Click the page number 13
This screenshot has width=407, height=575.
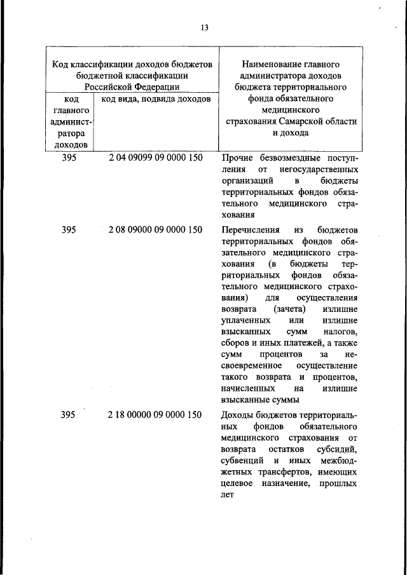pos(204,27)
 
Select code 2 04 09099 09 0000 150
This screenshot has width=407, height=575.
pos(156,158)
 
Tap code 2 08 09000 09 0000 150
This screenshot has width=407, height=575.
pos(156,229)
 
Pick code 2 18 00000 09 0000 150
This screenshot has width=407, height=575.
pos(156,415)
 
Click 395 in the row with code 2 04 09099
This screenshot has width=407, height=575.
pos(69,158)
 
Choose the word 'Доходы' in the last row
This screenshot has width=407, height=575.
pos(238,415)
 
